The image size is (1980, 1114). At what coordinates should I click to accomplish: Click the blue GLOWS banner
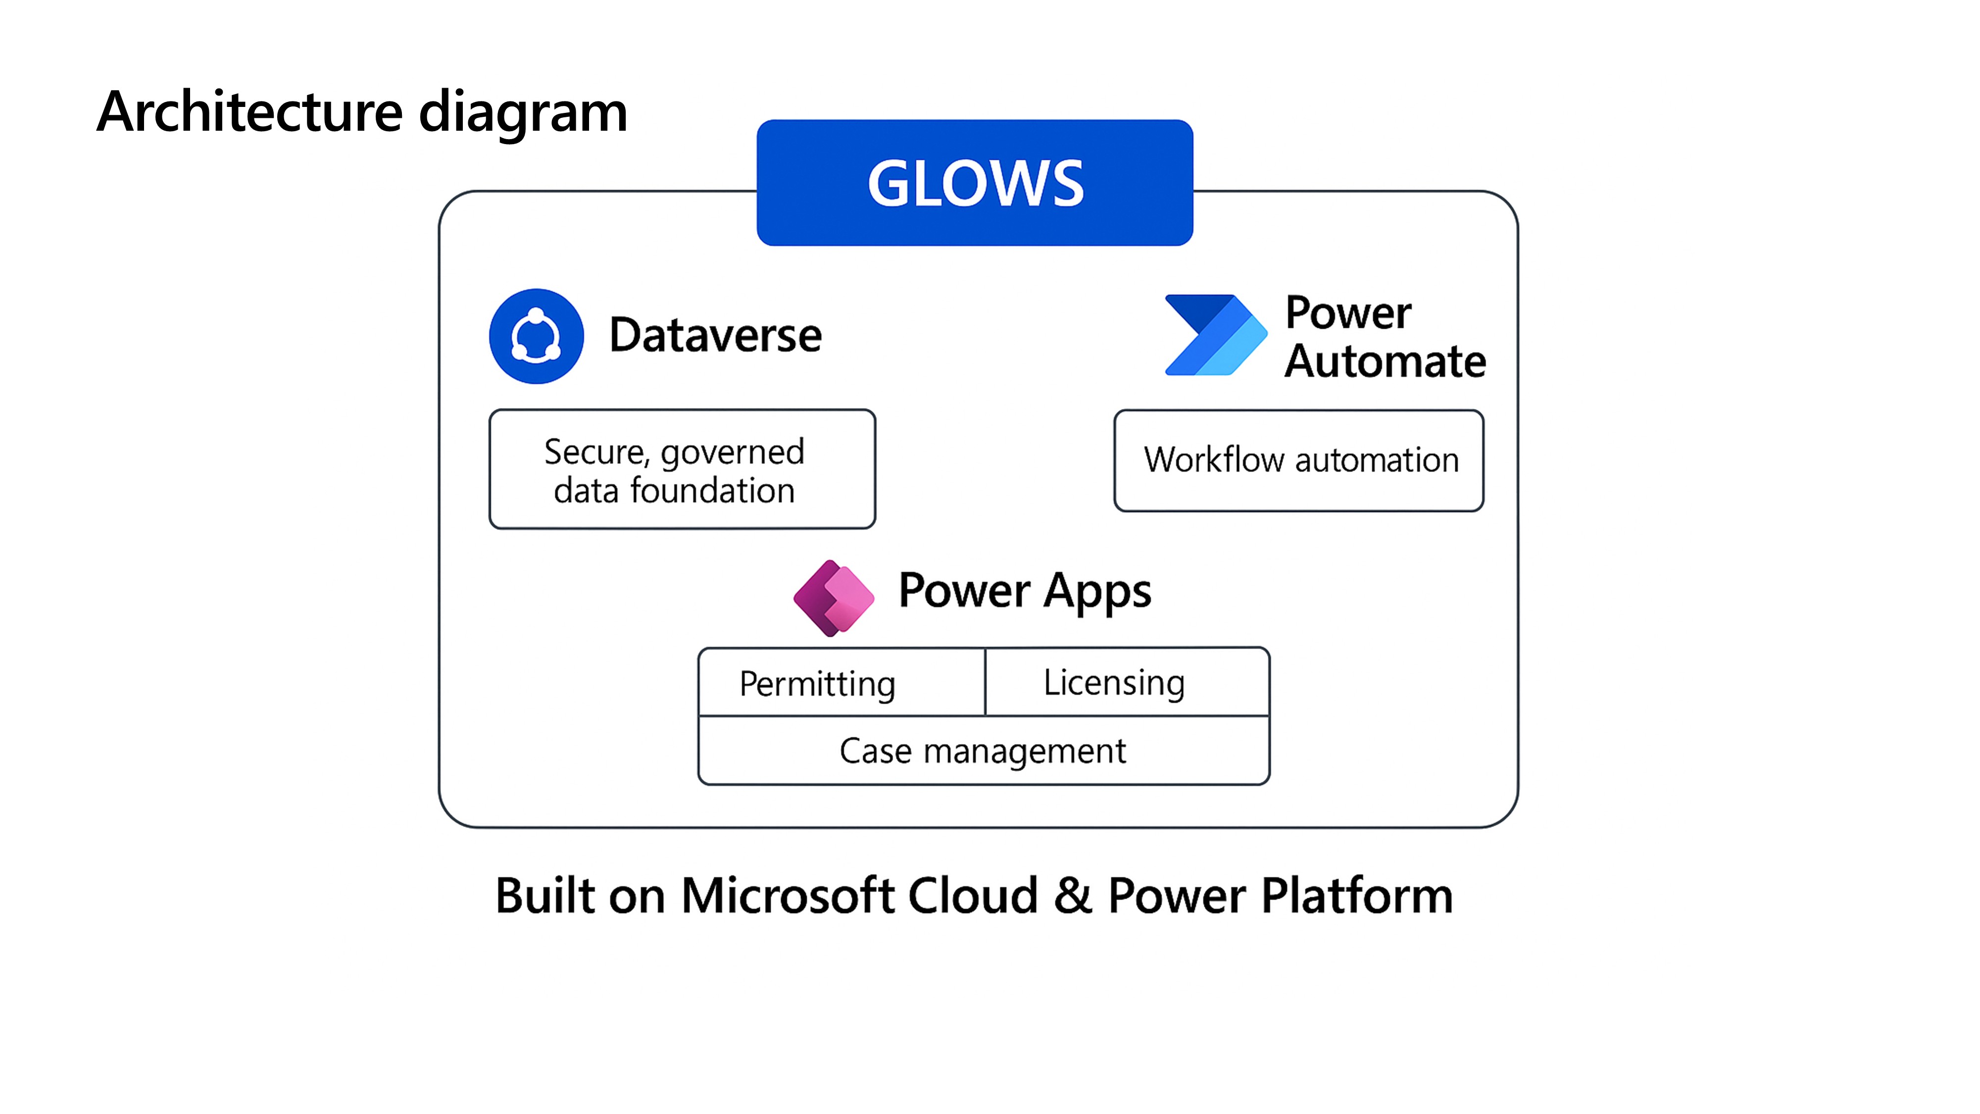[975, 183]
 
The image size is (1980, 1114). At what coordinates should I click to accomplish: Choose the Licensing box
[1127, 682]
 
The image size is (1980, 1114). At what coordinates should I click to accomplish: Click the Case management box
[983, 751]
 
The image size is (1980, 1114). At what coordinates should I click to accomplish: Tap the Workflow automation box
[1299, 460]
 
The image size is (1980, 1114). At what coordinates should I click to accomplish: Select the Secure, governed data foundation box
[682, 469]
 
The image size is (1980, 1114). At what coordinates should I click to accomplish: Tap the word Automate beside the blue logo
[1385, 361]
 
